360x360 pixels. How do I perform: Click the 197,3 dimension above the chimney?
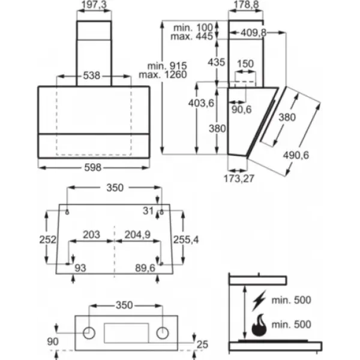coord(94,5)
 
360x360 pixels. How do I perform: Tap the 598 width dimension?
coord(93,167)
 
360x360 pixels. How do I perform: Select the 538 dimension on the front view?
coord(92,76)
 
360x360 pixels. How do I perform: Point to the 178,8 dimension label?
coord(246,5)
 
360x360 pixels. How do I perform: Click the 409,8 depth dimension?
coord(253,33)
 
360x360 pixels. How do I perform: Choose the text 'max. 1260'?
coord(163,74)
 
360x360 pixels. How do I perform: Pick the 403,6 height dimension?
coord(201,103)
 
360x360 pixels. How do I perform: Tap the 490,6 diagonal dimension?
coord(296,155)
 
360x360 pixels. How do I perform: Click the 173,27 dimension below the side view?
coord(239,179)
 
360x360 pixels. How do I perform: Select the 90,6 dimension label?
coord(241,110)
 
